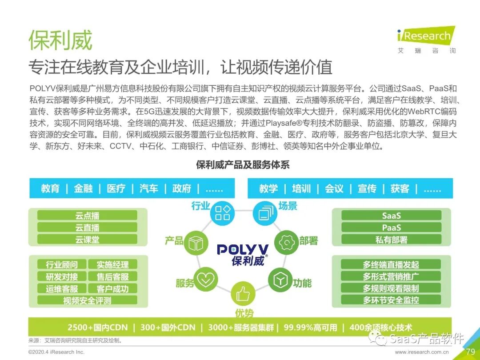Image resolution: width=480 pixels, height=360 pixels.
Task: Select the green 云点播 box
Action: click(x=87, y=216)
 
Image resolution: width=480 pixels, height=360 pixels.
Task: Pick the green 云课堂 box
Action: click(x=87, y=240)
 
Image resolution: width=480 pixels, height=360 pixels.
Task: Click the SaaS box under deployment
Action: click(x=391, y=216)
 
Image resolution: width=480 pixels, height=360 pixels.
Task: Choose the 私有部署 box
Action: click(x=391, y=240)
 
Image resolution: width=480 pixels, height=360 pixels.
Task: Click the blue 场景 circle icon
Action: click(x=265, y=212)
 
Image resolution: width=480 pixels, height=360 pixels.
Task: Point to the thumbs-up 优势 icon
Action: click(x=243, y=294)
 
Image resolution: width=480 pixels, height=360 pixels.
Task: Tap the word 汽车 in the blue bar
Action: click(x=149, y=188)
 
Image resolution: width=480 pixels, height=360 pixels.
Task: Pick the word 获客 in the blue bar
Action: click(x=400, y=188)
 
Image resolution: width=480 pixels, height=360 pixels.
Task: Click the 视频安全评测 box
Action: click(x=87, y=300)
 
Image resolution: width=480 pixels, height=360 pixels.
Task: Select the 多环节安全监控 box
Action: click(x=391, y=300)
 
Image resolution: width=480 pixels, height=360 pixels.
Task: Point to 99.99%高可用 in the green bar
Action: click(x=310, y=328)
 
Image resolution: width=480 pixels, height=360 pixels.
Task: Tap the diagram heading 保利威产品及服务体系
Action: click(x=243, y=165)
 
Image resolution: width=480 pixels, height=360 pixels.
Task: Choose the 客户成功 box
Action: click(x=113, y=288)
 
